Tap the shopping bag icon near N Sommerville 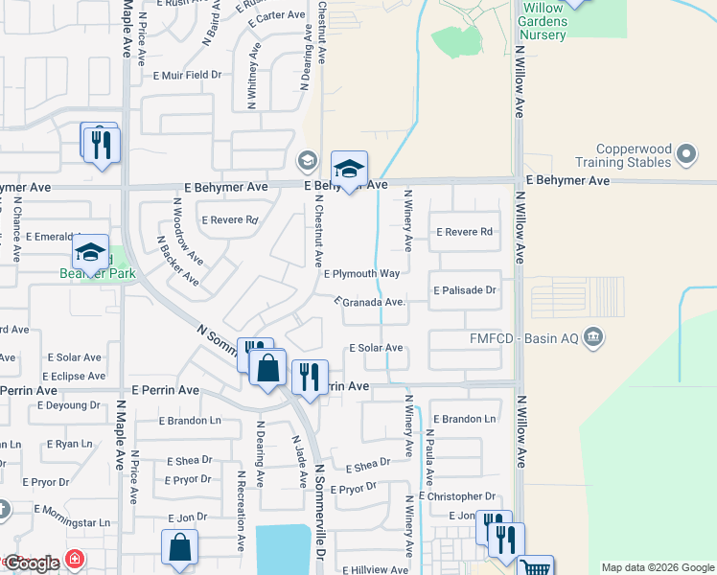coord(268,366)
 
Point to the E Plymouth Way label coord(361,273)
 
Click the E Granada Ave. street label coord(370,302)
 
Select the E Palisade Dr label coord(466,289)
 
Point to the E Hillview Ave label coord(375,569)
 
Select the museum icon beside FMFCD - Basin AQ coord(593,335)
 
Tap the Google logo coord(32,563)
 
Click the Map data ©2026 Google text coord(657,567)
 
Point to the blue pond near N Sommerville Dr coord(283,549)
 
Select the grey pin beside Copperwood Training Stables coord(685,153)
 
